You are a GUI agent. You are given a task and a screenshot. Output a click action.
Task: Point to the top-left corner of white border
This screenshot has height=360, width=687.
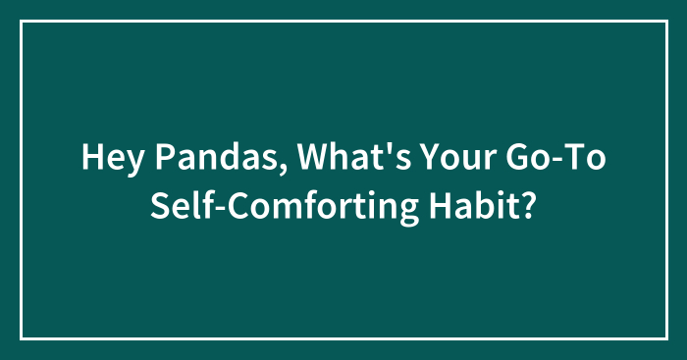22,21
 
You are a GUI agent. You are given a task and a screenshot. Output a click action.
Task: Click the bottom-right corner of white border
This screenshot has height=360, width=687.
665,338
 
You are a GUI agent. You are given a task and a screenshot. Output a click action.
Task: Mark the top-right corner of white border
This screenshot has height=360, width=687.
665,21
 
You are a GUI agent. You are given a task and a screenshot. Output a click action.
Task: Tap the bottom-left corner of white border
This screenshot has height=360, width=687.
22,338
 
